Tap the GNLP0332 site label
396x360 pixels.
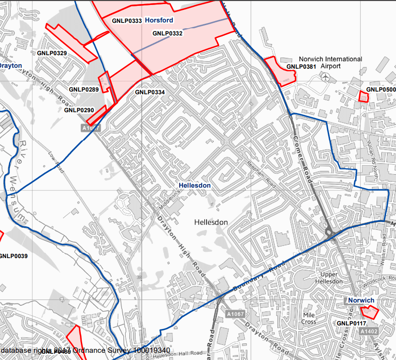pyautogui.click(x=167, y=33)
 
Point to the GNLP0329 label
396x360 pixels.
pyautogui.click(x=52, y=53)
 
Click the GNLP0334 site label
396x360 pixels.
pyautogui.click(x=150, y=92)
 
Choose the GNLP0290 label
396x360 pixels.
pyautogui.click(x=79, y=110)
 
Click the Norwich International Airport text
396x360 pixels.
pyautogui.click(x=330, y=62)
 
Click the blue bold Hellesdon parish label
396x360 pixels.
pyautogui.click(x=194, y=185)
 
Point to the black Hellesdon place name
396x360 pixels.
pyautogui.click(x=211, y=222)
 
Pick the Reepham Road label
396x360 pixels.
pyautogui.click(x=261, y=175)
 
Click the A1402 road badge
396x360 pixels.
pyautogui.click(x=368, y=331)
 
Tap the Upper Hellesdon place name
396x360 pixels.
pyautogui.click(x=332, y=278)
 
